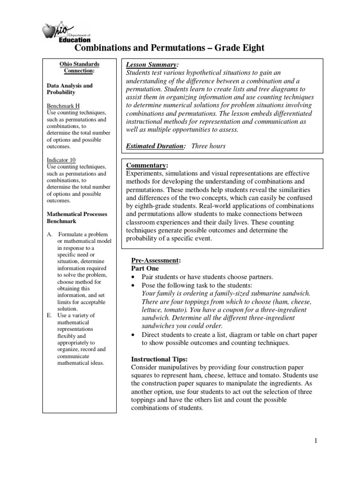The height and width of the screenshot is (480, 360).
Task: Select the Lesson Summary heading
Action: (x=152, y=64)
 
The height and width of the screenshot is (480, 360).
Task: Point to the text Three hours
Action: (x=208, y=146)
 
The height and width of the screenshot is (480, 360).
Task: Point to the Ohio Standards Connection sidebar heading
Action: (x=79, y=67)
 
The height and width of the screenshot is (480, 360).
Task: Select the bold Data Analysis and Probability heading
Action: (x=69, y=89)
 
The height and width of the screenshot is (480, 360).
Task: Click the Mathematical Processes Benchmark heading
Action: (x=77, y=217)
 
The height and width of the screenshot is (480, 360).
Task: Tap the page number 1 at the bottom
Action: (x=316, y=440)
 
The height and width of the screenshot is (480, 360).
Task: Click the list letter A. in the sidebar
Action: (x=49, y=234)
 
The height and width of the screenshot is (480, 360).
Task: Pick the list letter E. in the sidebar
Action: (x=49, y=315)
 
